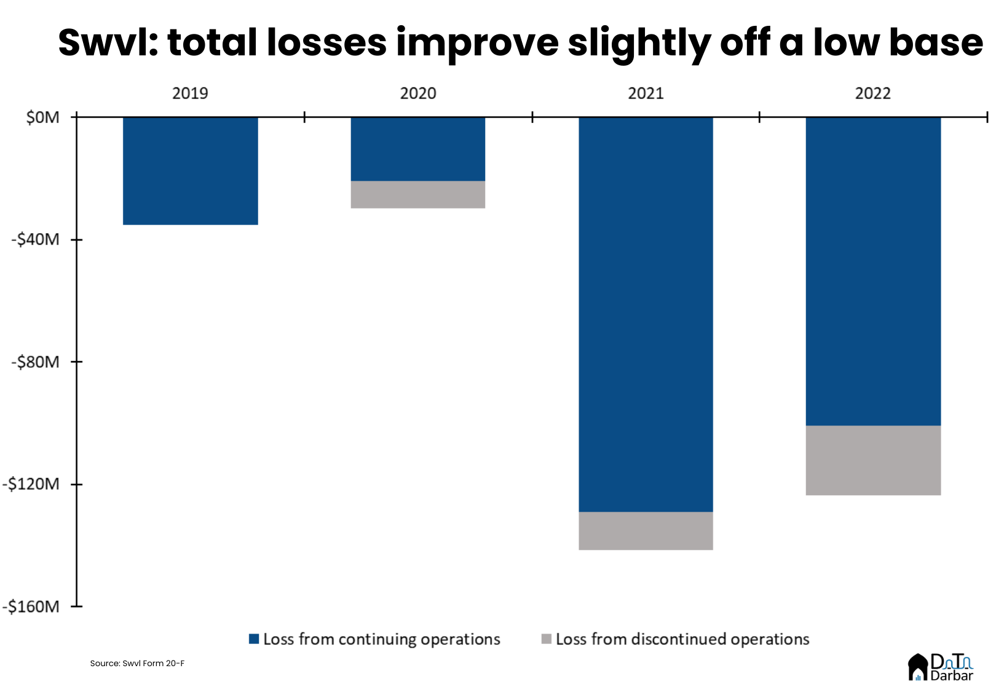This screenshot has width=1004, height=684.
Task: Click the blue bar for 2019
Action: click(x=190, y=170)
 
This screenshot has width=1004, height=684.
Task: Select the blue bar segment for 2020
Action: click(x=417, y=148)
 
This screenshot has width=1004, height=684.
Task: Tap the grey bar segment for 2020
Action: click(x=417, y=194)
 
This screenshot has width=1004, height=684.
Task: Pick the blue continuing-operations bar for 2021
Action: click(x=646, y=314)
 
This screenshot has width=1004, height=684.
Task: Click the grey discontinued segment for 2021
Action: click(x=646, y=530)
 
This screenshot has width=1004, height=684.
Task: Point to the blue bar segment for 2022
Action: click(x=873, y=271)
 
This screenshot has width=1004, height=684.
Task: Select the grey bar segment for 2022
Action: click(x=873, y=460)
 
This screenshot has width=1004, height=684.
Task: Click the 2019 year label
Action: click(x=190, y=93)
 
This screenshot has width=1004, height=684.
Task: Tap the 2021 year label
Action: click(x=646, y=93)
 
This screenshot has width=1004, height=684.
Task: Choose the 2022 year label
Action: click(x=873, y=93)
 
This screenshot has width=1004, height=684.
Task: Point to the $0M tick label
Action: click(x=43, y=117)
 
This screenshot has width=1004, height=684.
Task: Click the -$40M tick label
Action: click(x=36, y=239)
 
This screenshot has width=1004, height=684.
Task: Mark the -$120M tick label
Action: click(x=32, y=484)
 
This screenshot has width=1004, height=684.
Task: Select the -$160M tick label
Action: click(x=32, y=606)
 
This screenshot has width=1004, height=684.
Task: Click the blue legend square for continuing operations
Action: click(x=254, y=639)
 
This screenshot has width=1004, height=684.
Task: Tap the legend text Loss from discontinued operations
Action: click(x=682, y=639)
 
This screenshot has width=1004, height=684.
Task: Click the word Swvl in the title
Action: click(x=109, y=43)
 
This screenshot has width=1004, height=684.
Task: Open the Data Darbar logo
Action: click(x=941, y=667)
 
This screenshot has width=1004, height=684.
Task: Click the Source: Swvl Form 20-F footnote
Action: click(x=137, y=663)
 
